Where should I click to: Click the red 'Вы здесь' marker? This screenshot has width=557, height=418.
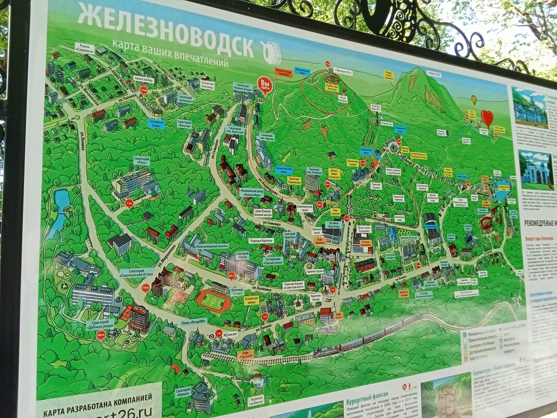pos(265,83)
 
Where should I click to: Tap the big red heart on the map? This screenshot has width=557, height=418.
pos(487,117)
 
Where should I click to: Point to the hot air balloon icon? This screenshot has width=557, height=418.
pos(474,99)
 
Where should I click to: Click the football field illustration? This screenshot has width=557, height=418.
pos(214,301)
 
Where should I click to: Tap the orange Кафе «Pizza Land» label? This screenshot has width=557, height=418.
pos(246,354)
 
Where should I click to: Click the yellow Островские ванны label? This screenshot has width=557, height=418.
pos(251,300)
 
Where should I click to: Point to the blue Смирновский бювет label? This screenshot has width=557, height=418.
pos(400,129)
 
